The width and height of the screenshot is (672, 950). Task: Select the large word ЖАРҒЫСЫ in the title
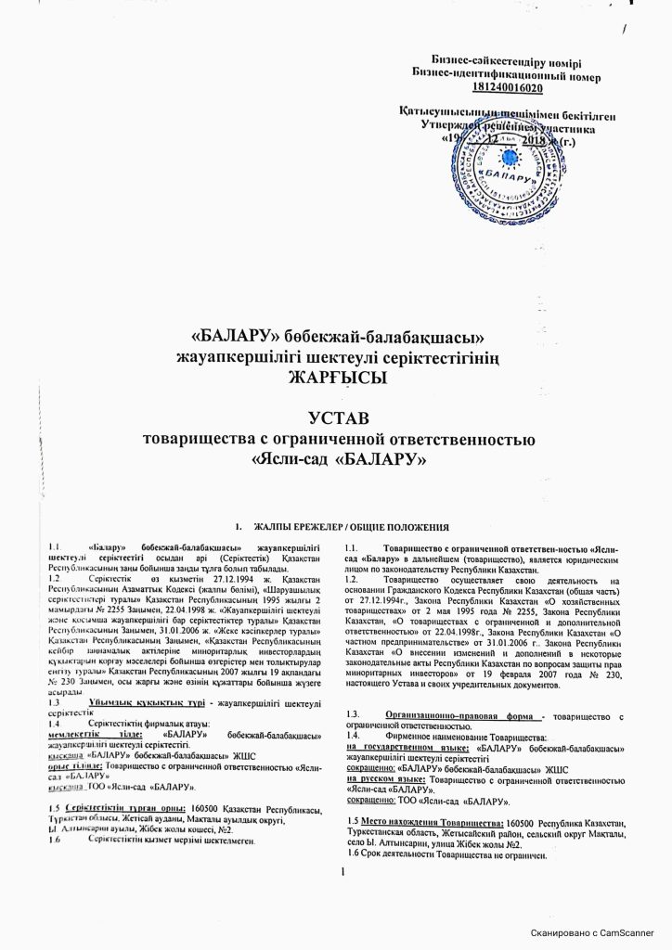335,377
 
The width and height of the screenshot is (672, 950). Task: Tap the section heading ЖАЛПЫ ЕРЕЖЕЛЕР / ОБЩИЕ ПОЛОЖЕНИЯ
352,527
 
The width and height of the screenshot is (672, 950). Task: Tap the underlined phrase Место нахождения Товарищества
429,823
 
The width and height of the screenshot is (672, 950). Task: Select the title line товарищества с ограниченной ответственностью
335,437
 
